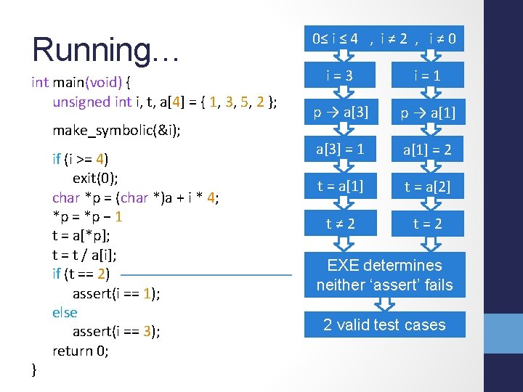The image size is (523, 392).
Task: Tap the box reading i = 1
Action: point(427,75)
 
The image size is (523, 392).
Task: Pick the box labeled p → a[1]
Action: point(427,113)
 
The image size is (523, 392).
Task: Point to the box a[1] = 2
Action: point(427,150)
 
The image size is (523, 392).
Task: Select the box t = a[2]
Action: point(427,187)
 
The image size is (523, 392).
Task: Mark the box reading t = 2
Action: point(427,224)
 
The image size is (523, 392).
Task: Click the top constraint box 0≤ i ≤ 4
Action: point(384,38)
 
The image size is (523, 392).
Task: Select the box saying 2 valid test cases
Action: point(384,324)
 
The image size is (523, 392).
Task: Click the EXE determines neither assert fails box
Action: point(384,275)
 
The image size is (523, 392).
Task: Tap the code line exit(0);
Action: point(97,178)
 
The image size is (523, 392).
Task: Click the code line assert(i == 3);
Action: point(116,332)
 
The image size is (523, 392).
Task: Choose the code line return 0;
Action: point(81,351)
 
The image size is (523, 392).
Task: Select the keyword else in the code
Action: point(65,312)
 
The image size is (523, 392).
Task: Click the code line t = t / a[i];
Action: point(84,255)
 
